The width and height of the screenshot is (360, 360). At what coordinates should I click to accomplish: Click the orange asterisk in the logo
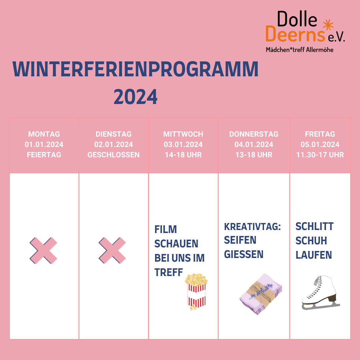click(328, 25)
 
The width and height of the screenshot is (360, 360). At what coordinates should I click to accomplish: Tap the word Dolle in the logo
click(297, 19)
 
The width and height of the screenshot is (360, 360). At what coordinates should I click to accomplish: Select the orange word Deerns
click(295, 34)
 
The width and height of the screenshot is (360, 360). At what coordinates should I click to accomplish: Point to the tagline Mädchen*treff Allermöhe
click(300, 50)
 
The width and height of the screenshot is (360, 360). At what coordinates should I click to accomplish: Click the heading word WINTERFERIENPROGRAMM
click(135, 69)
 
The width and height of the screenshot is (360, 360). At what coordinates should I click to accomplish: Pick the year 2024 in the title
click(135, 97)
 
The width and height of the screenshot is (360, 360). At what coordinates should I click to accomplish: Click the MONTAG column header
click(44, 134)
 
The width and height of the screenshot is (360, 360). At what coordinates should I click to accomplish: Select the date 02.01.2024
click(113, 144)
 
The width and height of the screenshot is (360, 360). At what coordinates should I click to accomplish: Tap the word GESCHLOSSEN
click(113, 155)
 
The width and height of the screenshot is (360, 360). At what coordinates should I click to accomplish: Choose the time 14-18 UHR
click(183, 155)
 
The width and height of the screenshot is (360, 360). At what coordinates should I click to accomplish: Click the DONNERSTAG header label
click(254, 134)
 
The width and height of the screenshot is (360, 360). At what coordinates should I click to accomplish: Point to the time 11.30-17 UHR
click(320, 155)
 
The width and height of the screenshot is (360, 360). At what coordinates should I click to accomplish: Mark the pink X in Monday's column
click(43, 250)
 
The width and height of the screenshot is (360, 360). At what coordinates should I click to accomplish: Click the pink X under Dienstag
click(112, 250)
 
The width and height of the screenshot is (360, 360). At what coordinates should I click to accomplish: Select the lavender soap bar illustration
click(261, 294)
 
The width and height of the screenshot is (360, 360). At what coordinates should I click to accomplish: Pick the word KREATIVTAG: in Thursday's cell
click(252, 227)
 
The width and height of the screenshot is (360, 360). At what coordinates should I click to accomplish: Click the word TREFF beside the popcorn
click(169, 272)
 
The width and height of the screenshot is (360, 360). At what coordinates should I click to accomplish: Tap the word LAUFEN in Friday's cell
click(314, 255)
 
